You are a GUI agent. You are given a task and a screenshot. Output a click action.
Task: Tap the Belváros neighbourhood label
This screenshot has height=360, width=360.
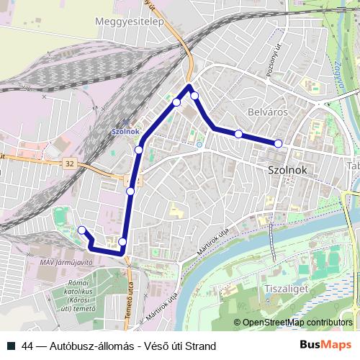pyautogui.click(x=268, y=112)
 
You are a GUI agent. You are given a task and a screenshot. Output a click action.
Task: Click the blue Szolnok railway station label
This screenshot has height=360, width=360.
pyautogui.click(x=126, y=132)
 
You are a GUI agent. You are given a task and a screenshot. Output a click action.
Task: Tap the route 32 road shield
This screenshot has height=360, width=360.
pyautogui.click(x=69, y=164)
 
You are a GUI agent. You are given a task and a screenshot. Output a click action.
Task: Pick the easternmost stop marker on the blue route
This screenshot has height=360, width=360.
pyautogui.click(x=279, y=144)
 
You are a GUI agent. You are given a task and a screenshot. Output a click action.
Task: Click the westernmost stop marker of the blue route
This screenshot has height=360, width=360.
pyautogui.click(x=82, y=230)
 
